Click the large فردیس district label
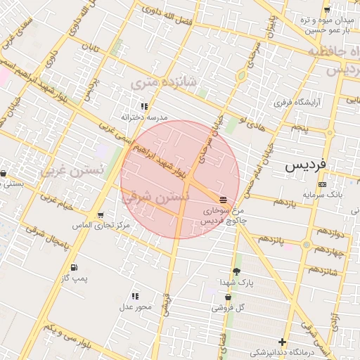307,166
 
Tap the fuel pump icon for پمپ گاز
74,267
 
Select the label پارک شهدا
236,282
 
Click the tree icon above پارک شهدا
236,271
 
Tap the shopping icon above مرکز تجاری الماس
101,215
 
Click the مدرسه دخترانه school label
144,117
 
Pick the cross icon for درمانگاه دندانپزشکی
282,342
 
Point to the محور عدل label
135,307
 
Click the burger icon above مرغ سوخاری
223,200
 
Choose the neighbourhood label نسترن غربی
72,169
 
